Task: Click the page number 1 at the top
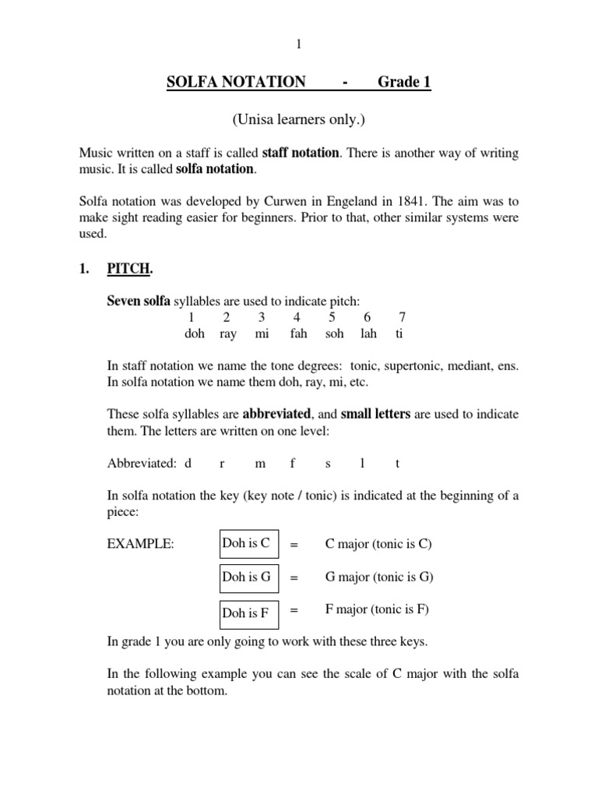point(298,44)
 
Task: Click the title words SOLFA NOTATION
point(236,82)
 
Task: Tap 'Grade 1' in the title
point(404,82)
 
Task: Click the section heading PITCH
point(128,270)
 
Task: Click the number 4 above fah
point(297,317)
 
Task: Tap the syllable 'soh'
point(334,334)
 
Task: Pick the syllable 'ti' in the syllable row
point(399,334)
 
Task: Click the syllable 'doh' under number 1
point(195,334)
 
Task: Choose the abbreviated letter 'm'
point(260,463)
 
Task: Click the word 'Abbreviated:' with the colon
point(142,463)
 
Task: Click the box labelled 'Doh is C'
point(248,545)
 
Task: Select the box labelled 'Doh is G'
point(248,577)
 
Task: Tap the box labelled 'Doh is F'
point(248,612)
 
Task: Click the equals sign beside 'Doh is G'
point(294,578)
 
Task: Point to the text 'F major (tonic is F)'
point(377,609)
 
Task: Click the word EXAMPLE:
point(139,545)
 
